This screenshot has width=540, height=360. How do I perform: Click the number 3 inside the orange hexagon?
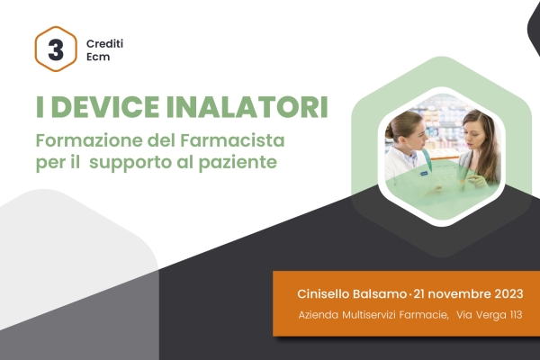(x=56, y=49)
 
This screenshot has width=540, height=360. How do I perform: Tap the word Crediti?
(x=104, y=44)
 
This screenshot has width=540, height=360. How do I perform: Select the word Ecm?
(x=98, y=57)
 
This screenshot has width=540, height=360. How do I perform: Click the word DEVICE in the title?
(x=105, y=107)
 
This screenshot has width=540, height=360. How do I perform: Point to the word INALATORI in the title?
(x=247, y=107)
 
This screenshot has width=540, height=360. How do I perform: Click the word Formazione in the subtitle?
(x=89, y=140)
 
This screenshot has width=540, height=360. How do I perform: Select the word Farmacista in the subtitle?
(x=232, y=140)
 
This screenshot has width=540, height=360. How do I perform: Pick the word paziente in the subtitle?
(x=238, y=163)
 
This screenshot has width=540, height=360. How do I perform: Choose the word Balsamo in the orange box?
(x=379, y=294)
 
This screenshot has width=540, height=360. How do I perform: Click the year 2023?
(x=509, y=294)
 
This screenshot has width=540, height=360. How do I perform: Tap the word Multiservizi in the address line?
(x=369, y=315)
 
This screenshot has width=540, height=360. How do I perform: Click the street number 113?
(x=516, y=315)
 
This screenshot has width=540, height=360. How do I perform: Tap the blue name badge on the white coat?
(x=424, y=174)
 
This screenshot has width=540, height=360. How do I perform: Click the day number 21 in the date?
(x=418, y=294)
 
